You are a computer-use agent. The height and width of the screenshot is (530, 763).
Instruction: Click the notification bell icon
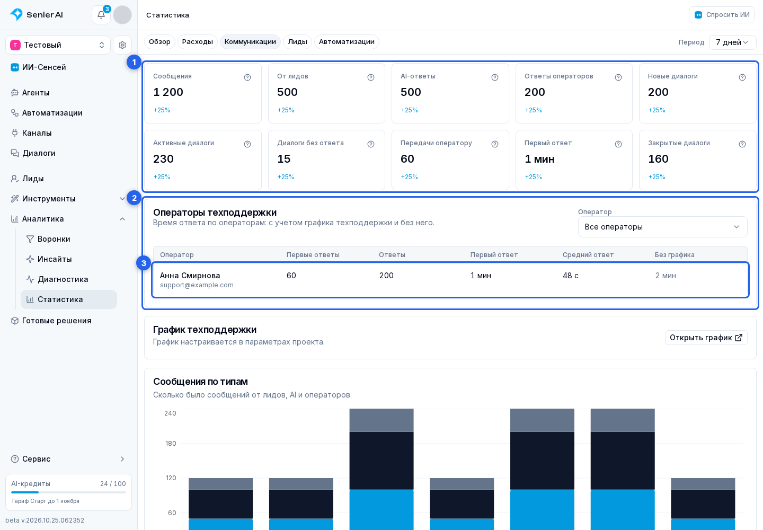[101, 15]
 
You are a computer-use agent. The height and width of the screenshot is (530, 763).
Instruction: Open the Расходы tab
[197, 41]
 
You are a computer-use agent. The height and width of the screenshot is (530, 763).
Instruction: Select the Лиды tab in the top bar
[297, 41]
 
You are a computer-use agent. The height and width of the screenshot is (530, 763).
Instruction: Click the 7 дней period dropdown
[732, 42]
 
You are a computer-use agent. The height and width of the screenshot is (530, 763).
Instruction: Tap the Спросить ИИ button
[722, 15]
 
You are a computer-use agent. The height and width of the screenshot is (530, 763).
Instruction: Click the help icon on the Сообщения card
[247, 77]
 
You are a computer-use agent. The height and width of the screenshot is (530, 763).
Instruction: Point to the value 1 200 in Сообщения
[168, 92]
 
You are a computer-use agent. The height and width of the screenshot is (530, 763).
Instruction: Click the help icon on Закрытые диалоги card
[742, 144]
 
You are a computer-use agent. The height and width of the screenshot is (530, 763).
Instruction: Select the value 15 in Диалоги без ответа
[284, 158]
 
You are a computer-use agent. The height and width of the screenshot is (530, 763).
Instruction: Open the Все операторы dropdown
[662, 227]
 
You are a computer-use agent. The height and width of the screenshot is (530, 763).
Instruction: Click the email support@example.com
[197, 285]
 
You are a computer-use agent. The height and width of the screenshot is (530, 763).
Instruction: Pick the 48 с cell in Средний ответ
[571, 275]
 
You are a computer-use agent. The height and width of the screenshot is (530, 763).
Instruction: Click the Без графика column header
[675, 254]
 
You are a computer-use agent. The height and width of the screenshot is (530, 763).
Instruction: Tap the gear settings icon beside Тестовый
[122, 45]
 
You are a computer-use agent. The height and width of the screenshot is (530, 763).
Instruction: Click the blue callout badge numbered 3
[144, 263]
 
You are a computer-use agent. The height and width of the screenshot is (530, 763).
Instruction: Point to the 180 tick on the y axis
[170, 443]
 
